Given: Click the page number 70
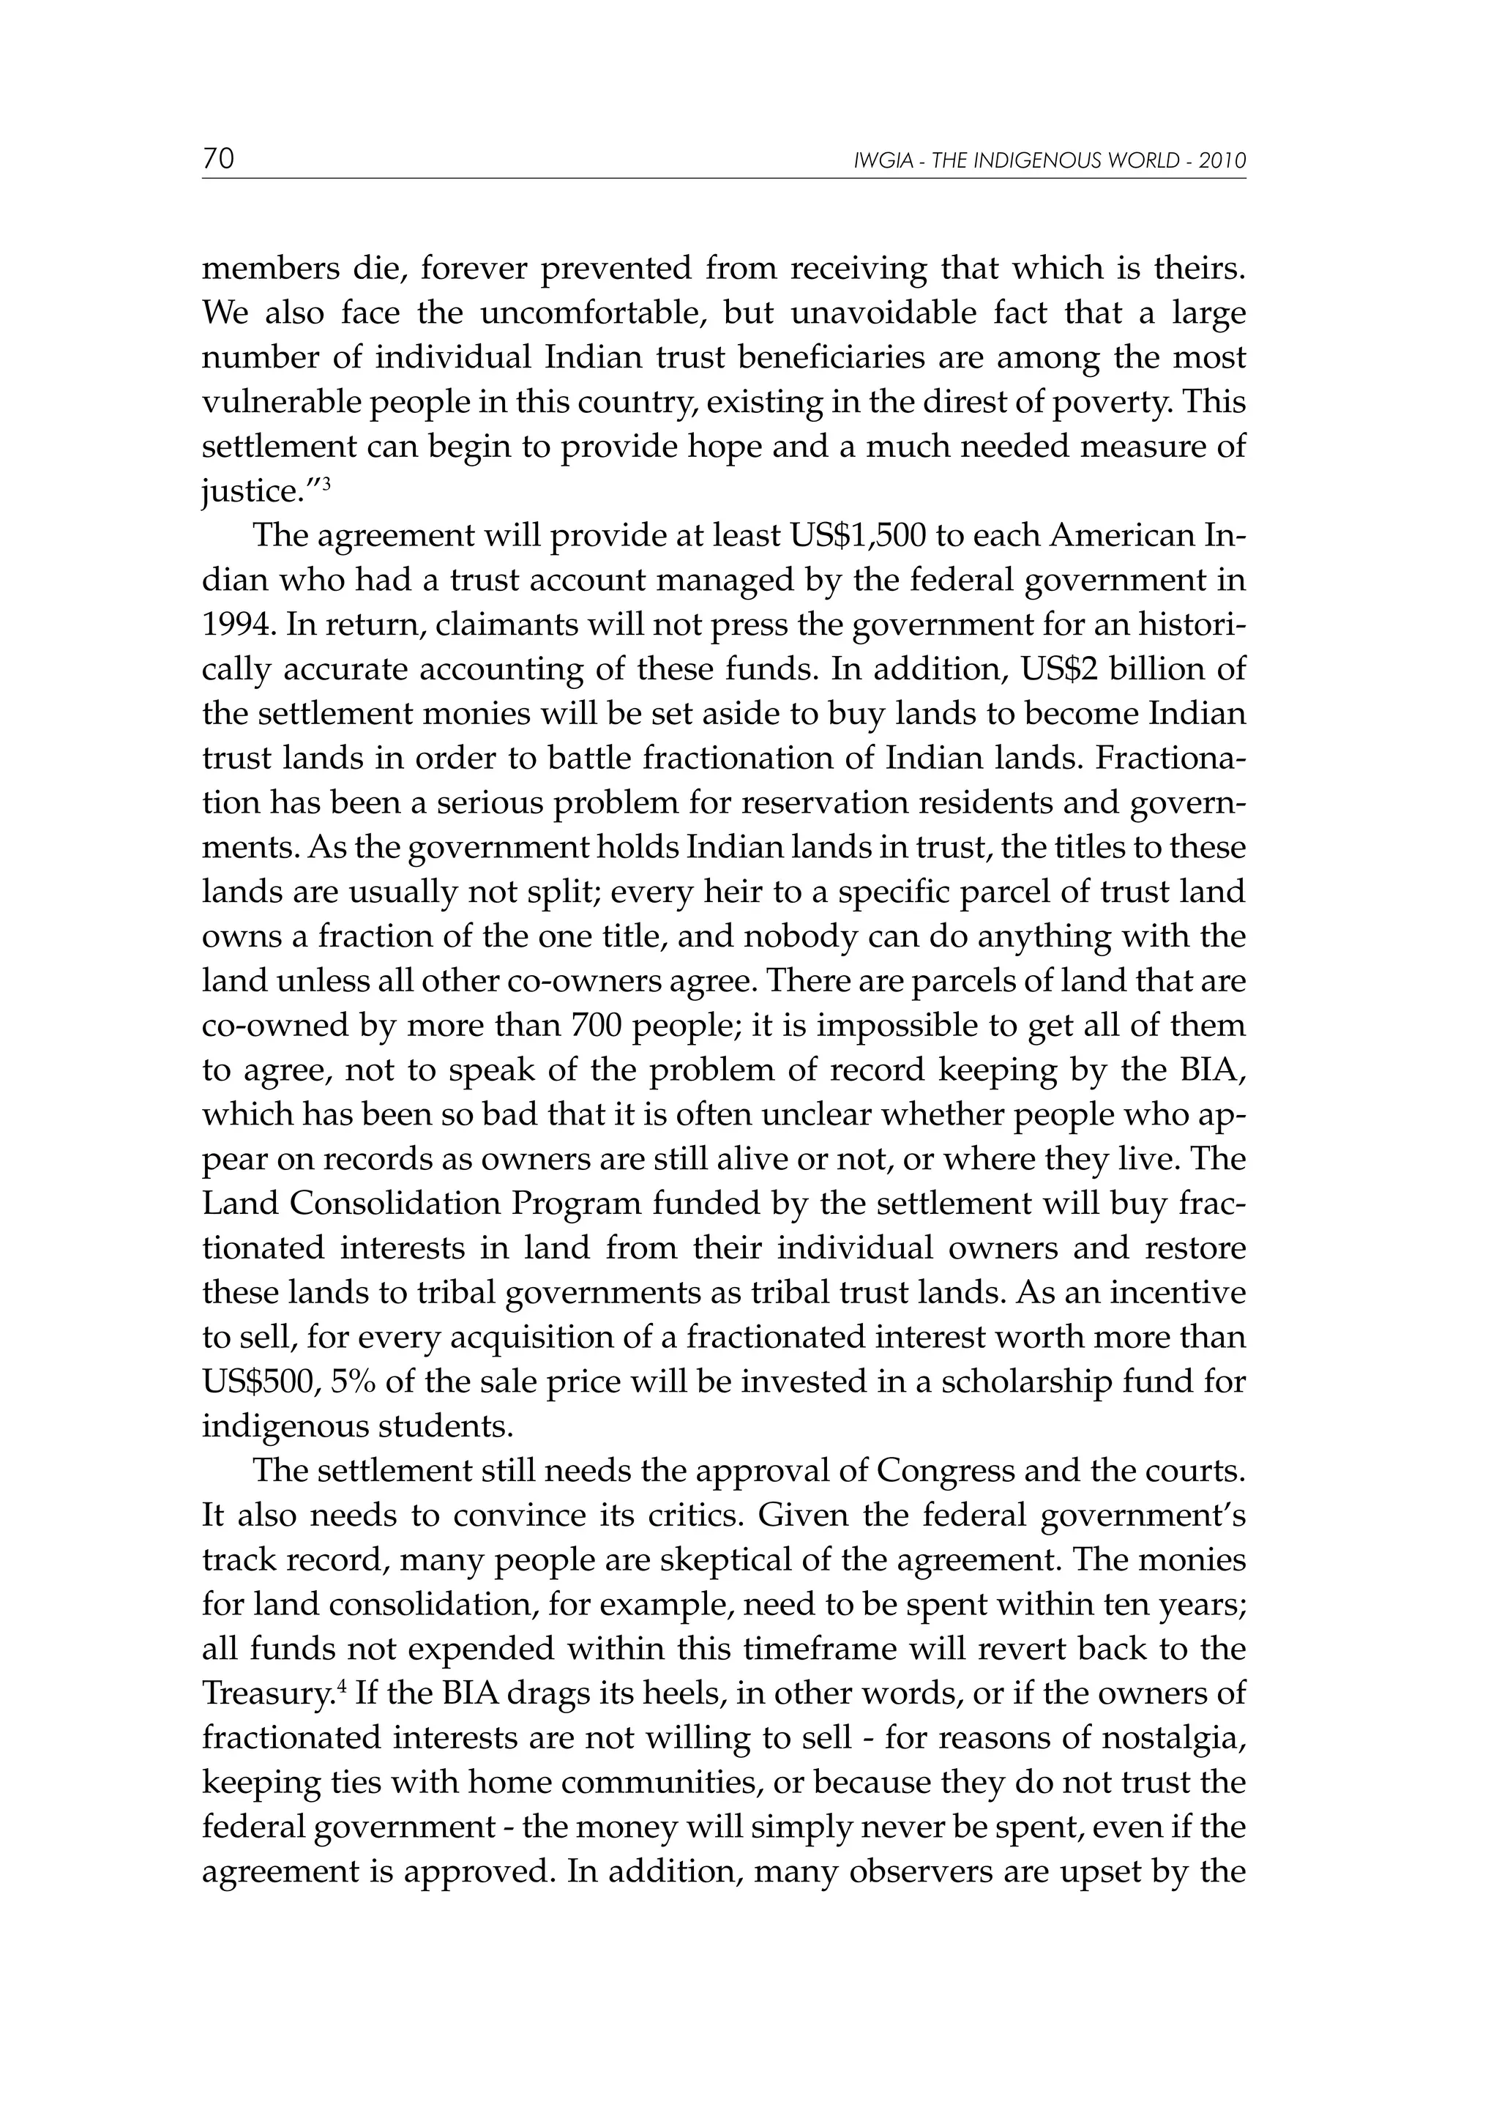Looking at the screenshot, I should coord(219,159).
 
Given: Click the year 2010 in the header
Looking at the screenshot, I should coord(1223,161).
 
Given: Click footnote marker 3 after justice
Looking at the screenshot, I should coord(327,483).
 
